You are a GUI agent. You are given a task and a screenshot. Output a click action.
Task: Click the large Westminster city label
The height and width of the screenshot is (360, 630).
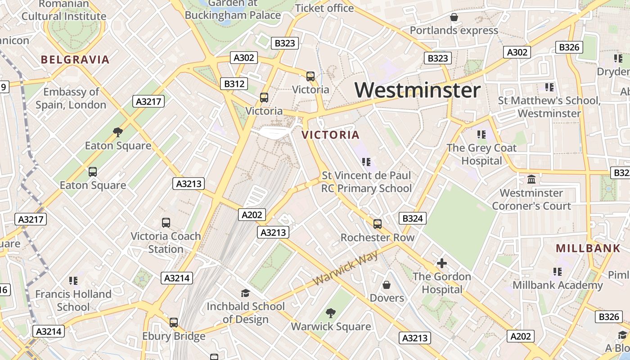417,90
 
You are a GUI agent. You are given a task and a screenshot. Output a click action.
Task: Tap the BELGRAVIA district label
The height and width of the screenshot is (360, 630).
75,59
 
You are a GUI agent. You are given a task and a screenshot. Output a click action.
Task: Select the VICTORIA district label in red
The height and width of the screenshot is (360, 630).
331,135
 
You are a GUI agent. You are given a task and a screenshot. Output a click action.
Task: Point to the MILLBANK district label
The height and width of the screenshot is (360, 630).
588,248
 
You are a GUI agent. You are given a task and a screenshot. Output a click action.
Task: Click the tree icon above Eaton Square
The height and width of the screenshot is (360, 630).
118,132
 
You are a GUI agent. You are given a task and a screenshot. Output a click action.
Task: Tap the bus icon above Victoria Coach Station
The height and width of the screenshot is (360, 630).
166,222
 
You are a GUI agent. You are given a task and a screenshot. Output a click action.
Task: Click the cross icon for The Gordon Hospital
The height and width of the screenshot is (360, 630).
442,263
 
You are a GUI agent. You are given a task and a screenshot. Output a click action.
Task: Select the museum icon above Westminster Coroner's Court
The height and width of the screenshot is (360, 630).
531,179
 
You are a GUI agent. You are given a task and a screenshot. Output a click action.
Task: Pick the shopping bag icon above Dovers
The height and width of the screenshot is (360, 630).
387,284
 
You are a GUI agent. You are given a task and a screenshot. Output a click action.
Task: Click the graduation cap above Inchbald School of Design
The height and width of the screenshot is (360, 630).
245,293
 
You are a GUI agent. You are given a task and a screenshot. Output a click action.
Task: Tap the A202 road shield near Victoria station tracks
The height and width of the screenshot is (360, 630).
252,215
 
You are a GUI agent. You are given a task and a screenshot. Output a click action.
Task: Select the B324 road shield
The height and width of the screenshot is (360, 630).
412,219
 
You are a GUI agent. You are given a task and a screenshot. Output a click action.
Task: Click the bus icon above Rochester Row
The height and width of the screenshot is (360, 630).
378,224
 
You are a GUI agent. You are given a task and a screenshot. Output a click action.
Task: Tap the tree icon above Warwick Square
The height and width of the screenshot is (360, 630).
331,313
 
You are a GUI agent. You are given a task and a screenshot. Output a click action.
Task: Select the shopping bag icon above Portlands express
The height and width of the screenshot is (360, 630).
454,17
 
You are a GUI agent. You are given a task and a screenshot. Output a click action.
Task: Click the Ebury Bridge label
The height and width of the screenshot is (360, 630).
174,336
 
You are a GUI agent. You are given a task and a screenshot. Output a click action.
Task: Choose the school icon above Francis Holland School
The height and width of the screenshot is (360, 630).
73,281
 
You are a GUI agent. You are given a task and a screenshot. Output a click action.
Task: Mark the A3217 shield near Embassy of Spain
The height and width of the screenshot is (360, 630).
149,101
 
